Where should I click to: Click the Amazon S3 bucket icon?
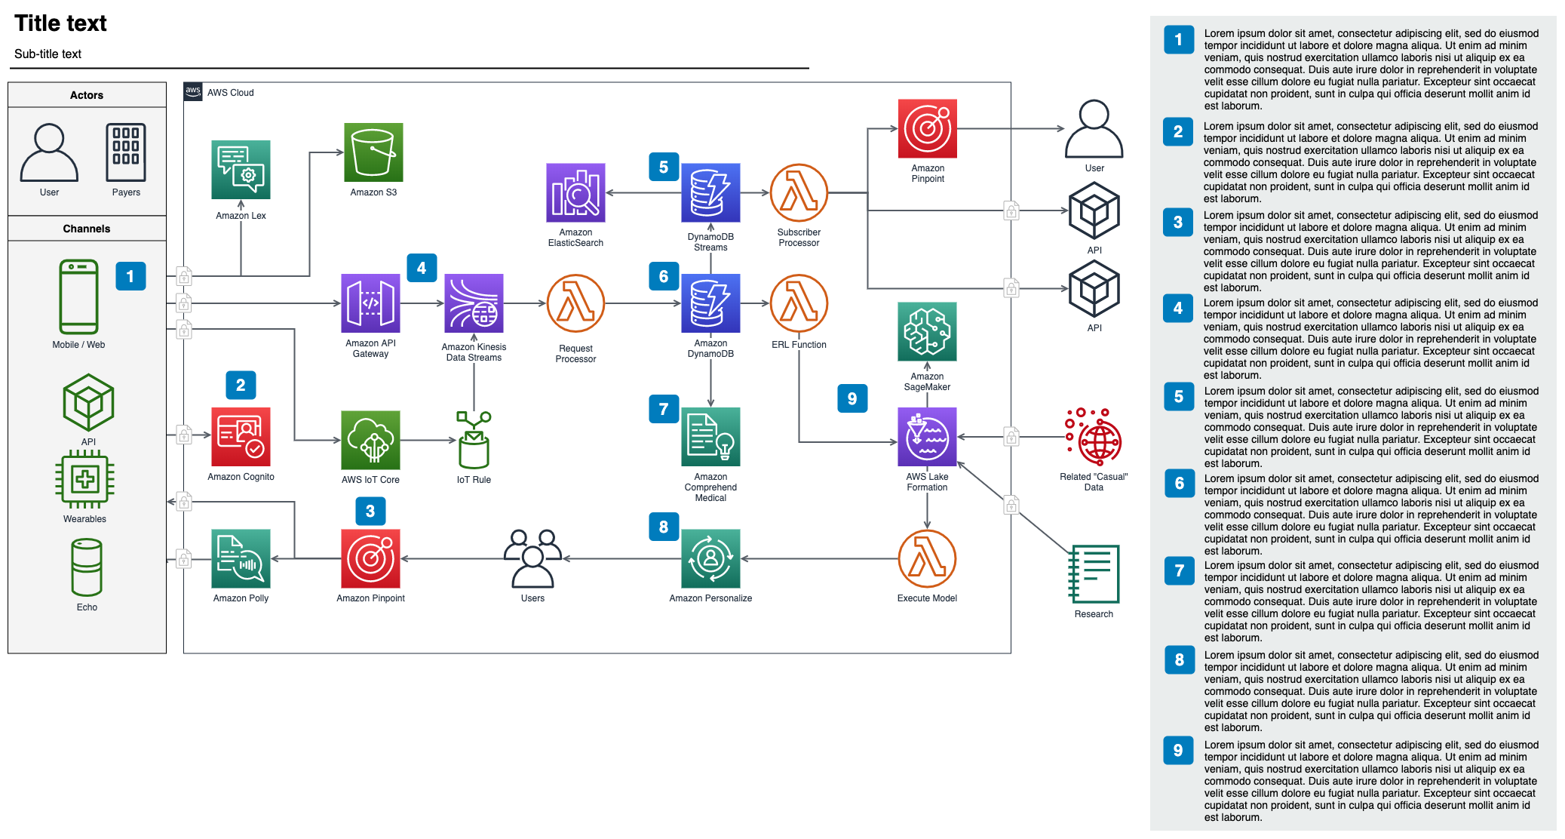click(373, 152)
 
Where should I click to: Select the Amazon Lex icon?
click(241, 170)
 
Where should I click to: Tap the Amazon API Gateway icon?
click(370, 303)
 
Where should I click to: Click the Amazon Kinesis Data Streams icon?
click(474, 303)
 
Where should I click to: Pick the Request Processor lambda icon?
click(575, 303)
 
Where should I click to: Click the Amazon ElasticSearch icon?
click(575, 192)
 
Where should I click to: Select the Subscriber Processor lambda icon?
click(799, 192)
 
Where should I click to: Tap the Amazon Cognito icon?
click(241, 437)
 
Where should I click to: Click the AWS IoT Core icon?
click(370, 440)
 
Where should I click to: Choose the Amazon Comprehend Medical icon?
click(710, 437)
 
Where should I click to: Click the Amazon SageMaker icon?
click(927, 331)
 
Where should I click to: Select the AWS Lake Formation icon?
click(927, 437)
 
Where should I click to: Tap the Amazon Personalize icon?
click(710, 558)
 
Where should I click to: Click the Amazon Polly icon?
click(241, 558)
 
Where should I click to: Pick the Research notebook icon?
click(1094, 574)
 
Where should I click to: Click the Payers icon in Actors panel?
click(126, 152)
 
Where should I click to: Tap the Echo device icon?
click(87, 567)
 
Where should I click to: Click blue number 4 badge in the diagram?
click(422, 268)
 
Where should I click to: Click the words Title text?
click(60, 23)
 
